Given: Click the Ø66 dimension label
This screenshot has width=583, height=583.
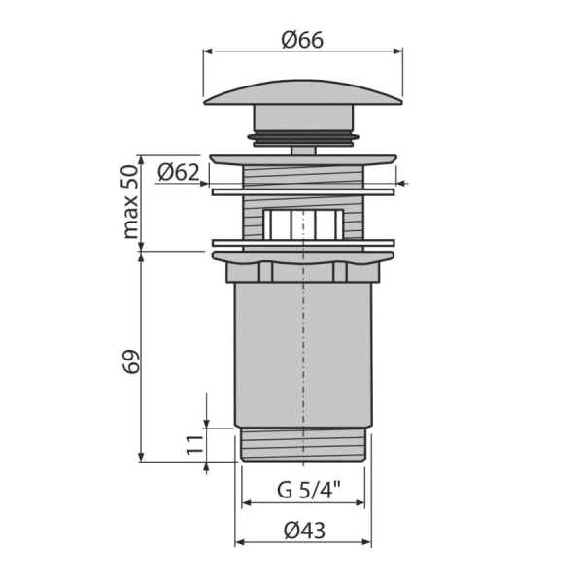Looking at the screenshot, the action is [x=302, y=40].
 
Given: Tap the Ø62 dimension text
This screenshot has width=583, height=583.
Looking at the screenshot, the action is [x=179, y=172].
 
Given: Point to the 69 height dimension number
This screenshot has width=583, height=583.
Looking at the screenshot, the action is [x=131, y=360].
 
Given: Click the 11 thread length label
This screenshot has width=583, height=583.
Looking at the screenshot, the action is [x=195, y=445].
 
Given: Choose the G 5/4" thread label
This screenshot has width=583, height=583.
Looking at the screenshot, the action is [x=309, y=490].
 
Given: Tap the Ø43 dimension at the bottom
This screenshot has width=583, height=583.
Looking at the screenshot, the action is [x=304, y=531].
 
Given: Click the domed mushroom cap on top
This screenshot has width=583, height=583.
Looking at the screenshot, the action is [x=303, y=92].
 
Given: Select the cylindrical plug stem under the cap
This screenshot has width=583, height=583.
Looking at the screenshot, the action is [x=303, y=119].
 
